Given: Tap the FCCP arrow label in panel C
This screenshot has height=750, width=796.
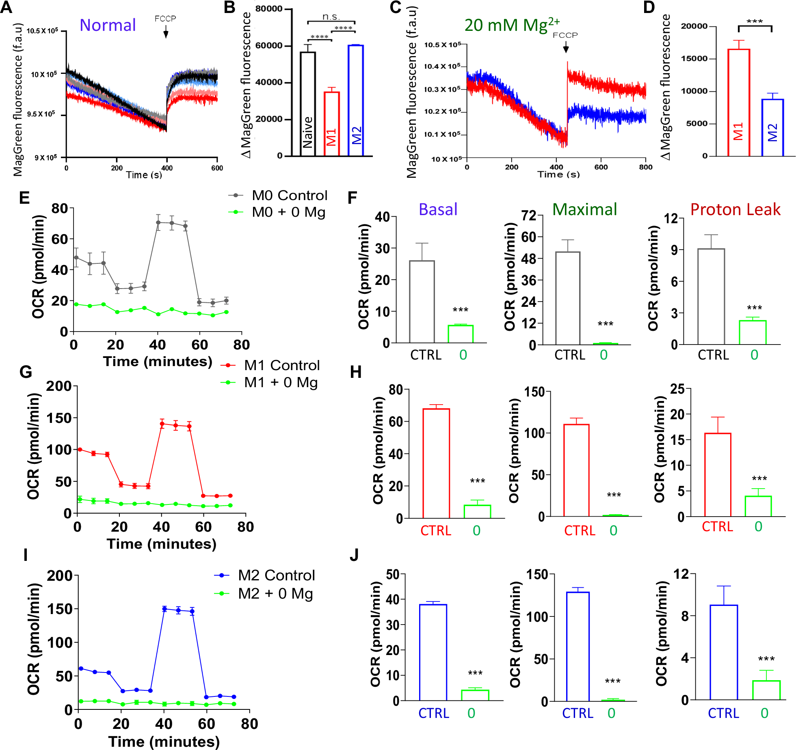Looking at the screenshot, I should (565, 35).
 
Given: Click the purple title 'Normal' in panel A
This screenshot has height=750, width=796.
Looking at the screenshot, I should (108, 25).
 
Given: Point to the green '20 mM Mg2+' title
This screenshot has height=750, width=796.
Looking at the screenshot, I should (512, 25).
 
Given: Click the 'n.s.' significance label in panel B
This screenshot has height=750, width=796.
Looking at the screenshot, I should (331, 17).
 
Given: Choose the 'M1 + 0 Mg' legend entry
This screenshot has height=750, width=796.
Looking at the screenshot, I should (281, 382).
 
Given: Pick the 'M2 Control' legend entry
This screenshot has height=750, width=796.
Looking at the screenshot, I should (276, 575).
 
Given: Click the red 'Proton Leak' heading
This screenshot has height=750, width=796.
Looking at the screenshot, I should (735, 209).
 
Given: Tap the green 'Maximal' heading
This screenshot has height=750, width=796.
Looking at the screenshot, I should (584, 209).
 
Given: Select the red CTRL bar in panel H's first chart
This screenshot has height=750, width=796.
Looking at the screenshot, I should (436, 463).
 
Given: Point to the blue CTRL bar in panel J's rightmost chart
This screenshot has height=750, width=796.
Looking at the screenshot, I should (724, 652).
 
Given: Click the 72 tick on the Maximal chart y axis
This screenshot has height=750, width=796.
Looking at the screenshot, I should (529, 216).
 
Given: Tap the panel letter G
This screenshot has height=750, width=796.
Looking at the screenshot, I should (26, 372).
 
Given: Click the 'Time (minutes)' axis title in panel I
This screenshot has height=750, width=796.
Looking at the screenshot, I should (164, 741).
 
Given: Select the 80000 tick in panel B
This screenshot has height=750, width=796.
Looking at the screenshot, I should (269, 9).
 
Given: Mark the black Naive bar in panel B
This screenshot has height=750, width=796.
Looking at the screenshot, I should (308, 104).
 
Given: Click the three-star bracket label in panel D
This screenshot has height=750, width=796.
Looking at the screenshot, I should (755, 22).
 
